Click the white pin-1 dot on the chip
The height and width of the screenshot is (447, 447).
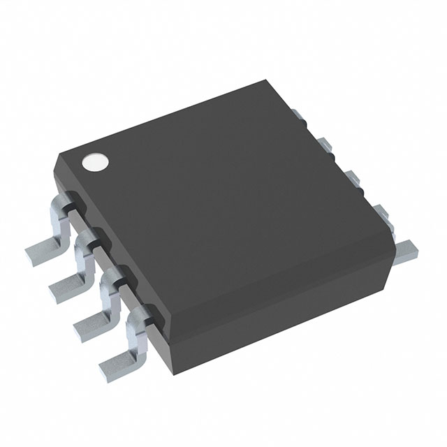[96, 162]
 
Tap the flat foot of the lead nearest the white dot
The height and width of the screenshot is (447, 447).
[42, 247]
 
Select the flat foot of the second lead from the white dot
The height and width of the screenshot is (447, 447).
[67, 284]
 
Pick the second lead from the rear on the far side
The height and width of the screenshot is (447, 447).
[325, 145]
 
